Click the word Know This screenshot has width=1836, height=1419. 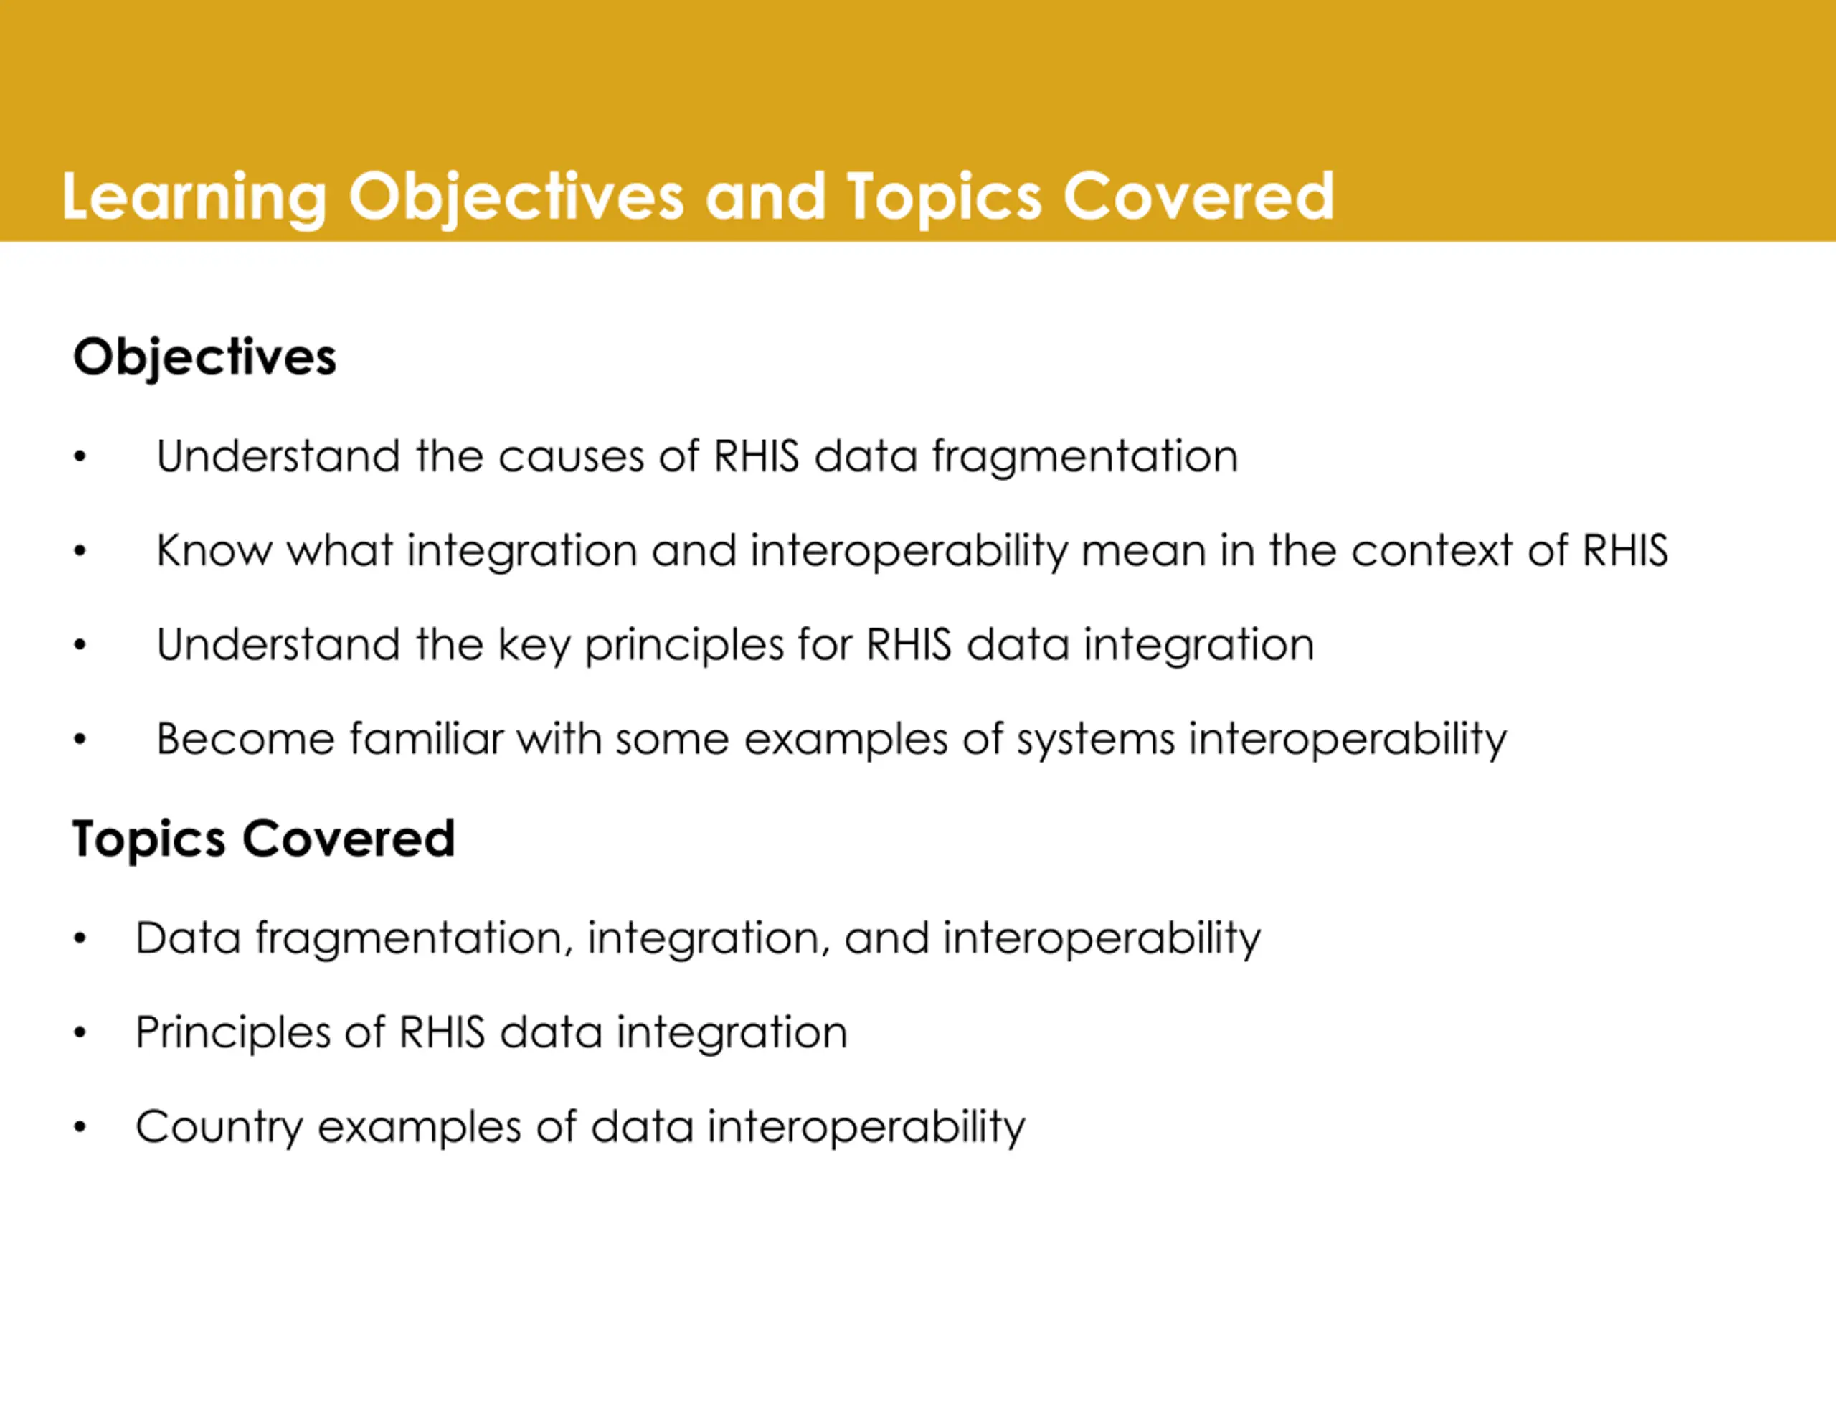[x=214, y=551]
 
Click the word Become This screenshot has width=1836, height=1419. [x=245, y=740]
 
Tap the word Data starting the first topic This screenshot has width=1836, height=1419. [x=189, y=938]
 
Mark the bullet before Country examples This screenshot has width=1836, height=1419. [x=80, y=1127]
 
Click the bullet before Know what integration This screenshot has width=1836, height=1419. [x=80, y=552]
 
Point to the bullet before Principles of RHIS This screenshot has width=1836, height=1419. [x=80, y=1033]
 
